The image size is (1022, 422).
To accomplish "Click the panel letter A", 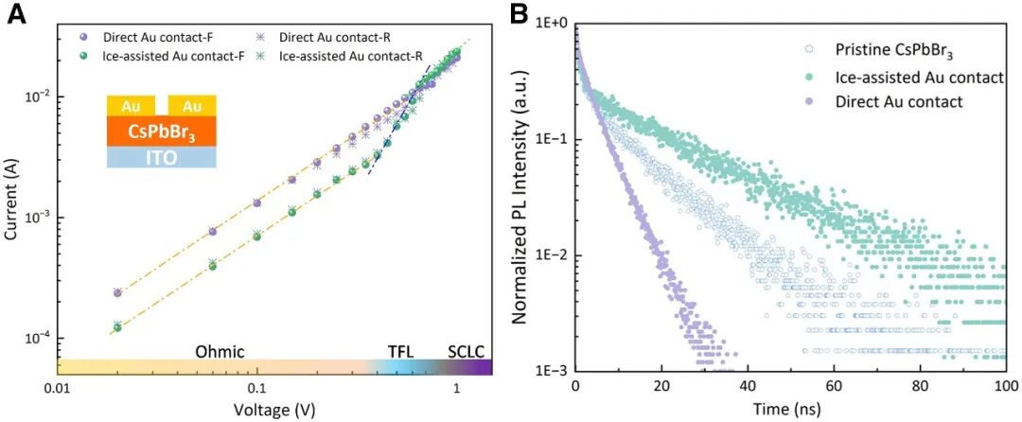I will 15,16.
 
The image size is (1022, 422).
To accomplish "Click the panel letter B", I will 520,14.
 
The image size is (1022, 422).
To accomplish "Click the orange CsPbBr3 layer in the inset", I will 162,130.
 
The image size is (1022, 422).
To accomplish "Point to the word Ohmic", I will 220,351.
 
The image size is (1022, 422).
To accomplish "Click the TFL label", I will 401,351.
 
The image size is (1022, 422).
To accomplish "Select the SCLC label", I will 466,351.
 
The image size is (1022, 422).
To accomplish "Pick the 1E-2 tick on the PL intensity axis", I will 552,255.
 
